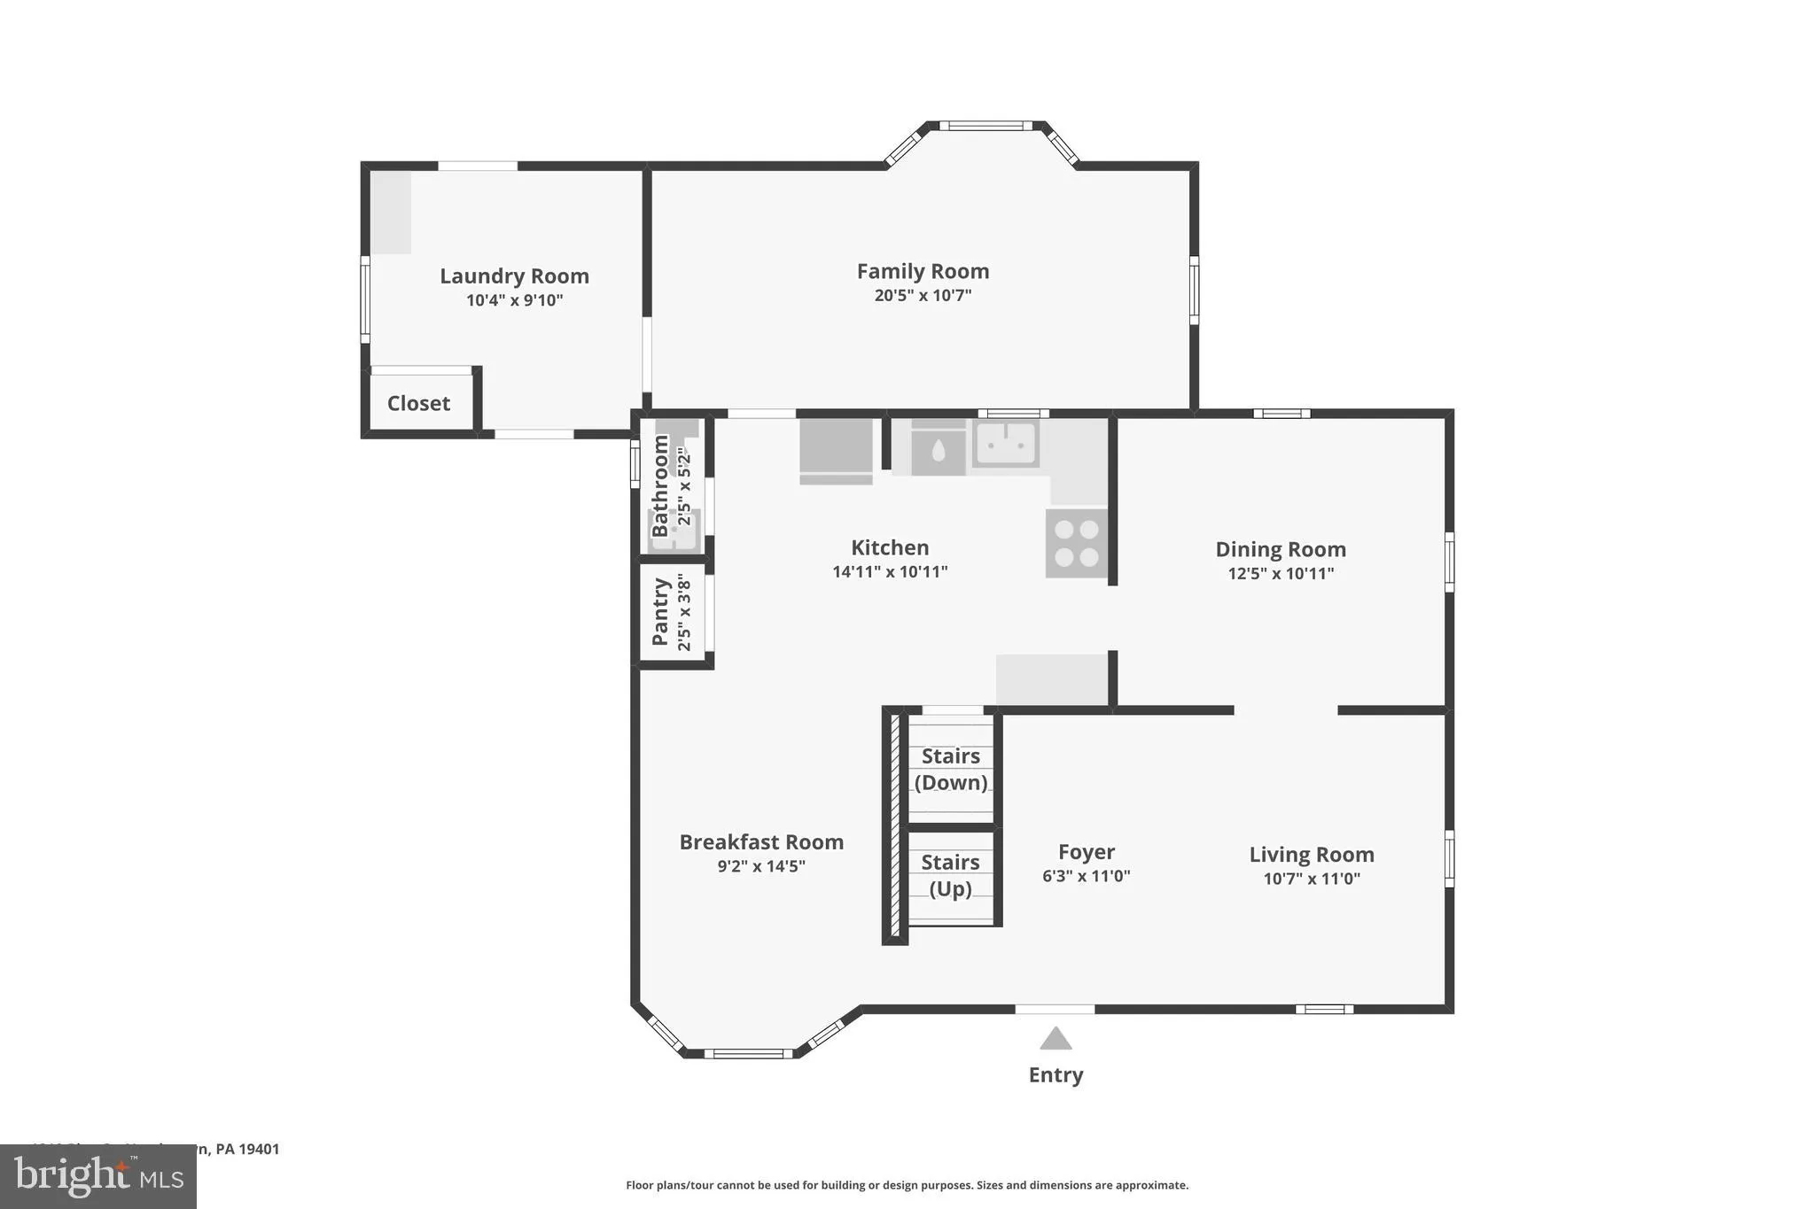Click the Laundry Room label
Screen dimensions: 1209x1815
pyautogui.click(x=514, y=276)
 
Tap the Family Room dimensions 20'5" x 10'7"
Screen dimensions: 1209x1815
pyautogui.click(x=923, y=296)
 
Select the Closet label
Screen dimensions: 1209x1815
pyautogui.click(x=418, y=404)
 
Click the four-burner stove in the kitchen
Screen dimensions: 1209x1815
pyautogui.click(x=1076, y=543)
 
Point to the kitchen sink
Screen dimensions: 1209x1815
pyautogui.click(x=1005, y=444)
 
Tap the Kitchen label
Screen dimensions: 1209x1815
pyautogui.click(x=890, y=547)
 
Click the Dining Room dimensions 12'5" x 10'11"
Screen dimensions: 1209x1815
pyautogui.click(x=1281, y=574)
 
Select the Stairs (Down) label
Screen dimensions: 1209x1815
pyautogui.click(x=951, y=769)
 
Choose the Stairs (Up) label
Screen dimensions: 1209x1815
pyautogui.click(x=951, y=875)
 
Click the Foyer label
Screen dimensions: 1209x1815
pyautogui.click(x=1086, y=852)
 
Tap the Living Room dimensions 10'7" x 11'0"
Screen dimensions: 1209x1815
pyautogui.click(x=1312, y=879)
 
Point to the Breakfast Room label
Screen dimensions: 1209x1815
pyautogui.click(x=761, y=842)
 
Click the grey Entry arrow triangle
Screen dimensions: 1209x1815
pyautogui.click(x=1056, y=1039)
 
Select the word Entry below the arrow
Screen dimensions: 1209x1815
pyautogui.click(x=1056, y=1075)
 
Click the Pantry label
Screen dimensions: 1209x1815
pyautogui.click(x=660, y=611)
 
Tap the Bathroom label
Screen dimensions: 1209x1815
pyautogui.click(x=660, y=485)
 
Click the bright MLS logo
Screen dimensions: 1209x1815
pyautogui.click(x=98, y=1176)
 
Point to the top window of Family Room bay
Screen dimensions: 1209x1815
pyautogui.click(x=985, y=126)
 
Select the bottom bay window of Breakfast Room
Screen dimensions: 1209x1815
pyautogui.click(x=748, y=1053)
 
